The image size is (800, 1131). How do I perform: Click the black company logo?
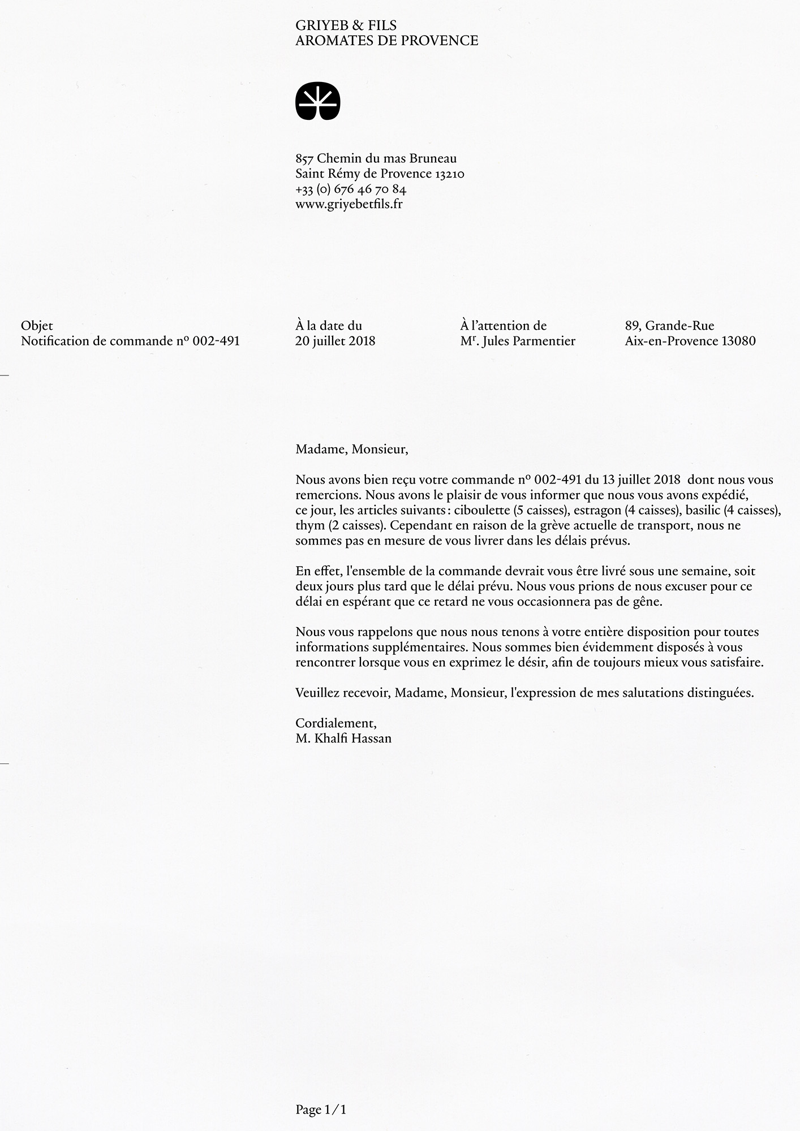pos(317,102)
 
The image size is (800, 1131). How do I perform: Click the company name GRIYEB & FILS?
pos(346,25)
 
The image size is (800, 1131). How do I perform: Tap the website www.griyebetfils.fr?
pos(349,204)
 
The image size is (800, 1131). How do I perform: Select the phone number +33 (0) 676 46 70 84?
pos(351,189)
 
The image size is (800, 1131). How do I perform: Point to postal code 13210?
pos(450,174)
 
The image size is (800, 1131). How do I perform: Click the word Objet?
pos(37,326)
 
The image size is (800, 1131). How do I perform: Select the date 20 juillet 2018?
pos(335,341)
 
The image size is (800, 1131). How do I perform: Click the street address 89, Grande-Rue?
pos(669,326)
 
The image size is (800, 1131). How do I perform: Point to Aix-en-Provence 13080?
pos(690,341)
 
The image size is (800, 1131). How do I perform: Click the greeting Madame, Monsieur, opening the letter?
pos(351,450)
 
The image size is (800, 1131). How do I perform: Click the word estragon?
pos(597,510)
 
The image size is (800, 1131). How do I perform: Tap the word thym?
pos(310,525)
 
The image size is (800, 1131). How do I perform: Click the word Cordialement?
pos(336,723)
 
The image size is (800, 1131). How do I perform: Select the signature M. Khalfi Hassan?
pos(343,739)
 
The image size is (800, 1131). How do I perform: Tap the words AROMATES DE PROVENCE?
pos(386,41)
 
